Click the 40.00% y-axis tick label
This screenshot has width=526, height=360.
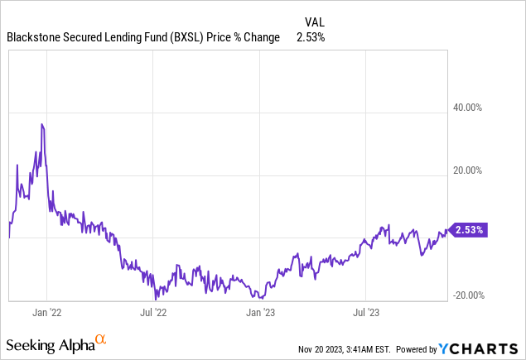[x=475, y=107]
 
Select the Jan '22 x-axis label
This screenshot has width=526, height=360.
[x=46, y=313]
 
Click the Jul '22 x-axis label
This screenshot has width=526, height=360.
[x=155, y=313]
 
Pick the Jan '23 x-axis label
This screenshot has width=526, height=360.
[x=263, y=313]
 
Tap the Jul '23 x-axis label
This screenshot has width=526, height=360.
[x=366, y=313]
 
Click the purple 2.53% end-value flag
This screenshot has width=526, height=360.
[x=468, y=229]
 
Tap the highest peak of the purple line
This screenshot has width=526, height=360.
[x=41, y=124]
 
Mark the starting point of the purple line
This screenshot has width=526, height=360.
[x=9, y=237]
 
